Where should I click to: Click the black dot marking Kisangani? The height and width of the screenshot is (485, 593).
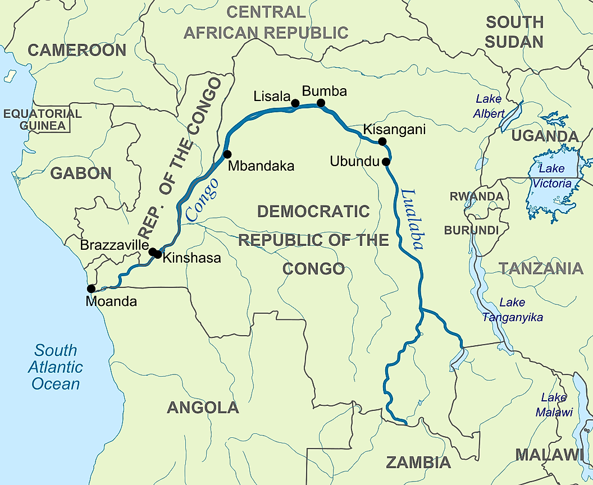coord(382,141)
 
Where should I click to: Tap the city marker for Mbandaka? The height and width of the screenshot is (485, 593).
coord(227,154)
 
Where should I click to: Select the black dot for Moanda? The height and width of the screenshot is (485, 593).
coord(91,289)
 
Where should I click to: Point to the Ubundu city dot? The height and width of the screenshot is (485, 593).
coord(386,162)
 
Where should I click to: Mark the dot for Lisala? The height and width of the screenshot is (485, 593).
coord(295,103)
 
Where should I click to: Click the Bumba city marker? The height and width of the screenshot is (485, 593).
coord(321,103)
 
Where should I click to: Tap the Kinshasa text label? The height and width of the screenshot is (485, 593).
coord(191,259)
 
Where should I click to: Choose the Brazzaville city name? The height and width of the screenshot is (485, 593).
coord(114,245)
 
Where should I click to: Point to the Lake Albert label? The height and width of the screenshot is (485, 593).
coord(489,106)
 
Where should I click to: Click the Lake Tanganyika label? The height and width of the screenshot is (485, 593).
coord(512,310)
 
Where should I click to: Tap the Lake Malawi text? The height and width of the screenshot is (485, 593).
coord(554,405)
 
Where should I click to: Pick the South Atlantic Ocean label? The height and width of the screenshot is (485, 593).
coord(56,367)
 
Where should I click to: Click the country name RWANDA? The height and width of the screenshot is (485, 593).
coord(476,196)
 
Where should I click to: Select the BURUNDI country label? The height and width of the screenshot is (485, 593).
coord(471,230)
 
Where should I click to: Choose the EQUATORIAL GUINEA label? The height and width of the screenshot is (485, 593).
coord(43,120)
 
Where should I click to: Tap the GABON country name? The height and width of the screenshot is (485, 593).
coord(81,173)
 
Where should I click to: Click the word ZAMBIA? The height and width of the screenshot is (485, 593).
coord(418,463)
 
